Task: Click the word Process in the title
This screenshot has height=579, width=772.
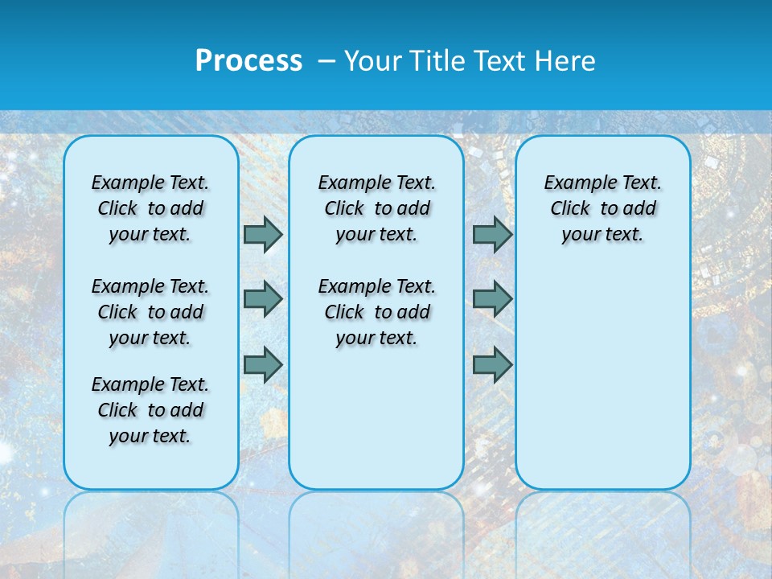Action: [248, 60]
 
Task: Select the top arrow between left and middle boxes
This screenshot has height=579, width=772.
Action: [263, 234]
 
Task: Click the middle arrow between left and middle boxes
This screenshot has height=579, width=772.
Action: [263, 299]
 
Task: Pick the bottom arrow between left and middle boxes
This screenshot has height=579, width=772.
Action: [263, 365]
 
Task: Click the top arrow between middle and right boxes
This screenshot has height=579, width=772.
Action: [492, 234]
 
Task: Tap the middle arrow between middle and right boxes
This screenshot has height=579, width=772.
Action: [492, 299]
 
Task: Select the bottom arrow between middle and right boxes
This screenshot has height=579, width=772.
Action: [492, 365]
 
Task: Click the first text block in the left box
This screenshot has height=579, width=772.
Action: [150, 208]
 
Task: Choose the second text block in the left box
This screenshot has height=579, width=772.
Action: [150, 312]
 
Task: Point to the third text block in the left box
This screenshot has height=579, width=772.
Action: [150, 410]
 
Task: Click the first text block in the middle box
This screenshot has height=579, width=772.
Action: [376, 208]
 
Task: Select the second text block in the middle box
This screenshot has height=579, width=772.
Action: [376, 312]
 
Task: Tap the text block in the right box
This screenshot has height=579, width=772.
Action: [602, 208]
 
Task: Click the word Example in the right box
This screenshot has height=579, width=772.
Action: [575, 183]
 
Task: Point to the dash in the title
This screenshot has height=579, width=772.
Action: [326, 61]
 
